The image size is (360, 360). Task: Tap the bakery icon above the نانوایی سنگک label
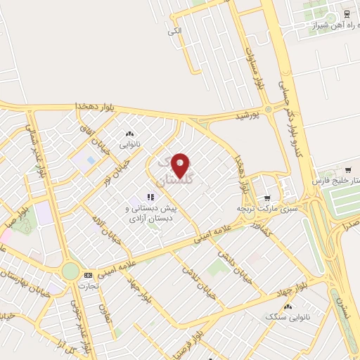pos(288,307)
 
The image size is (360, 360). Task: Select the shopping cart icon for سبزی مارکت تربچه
pos(266,199)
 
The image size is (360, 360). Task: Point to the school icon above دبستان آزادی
pos(149,198)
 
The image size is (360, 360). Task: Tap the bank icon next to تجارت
pos(88,275)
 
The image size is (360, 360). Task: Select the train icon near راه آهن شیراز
pos(347,13)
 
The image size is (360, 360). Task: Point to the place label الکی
pos(174,31)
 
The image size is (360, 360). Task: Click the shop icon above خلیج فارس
pos(347,169)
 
